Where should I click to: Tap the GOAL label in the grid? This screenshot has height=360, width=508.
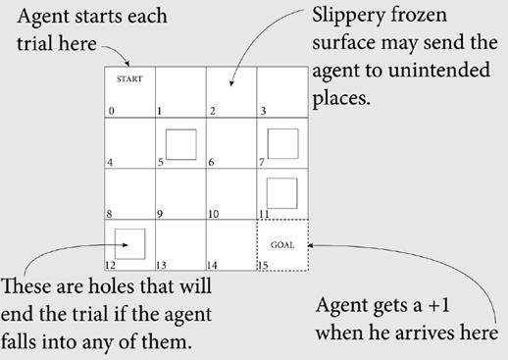tap(281, 244)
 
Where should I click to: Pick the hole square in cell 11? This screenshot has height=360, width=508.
tap(281, 192)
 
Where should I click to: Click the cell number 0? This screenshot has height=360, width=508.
tap(111, 112)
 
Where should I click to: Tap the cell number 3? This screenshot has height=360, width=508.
tap(261, 112)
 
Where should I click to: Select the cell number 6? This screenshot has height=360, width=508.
tap(211, 163)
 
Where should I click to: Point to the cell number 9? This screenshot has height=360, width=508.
tap(159, 214)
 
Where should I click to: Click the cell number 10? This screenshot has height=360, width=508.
tap(213, 214)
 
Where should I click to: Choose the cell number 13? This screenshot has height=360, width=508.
tap(162, 265)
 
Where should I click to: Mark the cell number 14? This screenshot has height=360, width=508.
tap(213, 265)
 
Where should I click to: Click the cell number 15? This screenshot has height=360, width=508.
tap(263, 265)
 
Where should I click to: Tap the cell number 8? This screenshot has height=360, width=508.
tap(111, 214)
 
